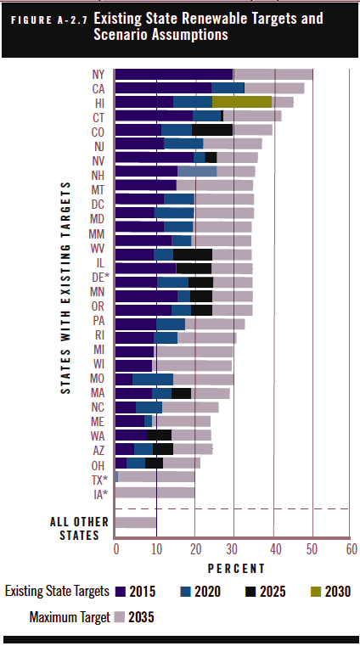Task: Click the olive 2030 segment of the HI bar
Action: click(242, 102)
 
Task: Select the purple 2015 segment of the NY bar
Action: click(174, 74)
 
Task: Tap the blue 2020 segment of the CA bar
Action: click(228, 88)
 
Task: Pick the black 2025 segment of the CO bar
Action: click(212, 130)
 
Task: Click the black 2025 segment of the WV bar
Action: click(193, 255)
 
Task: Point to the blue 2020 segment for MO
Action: click(153, 379)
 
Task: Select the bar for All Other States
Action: click(136, 522)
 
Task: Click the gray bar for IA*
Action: click(155, 492)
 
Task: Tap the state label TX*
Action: click(99, 480)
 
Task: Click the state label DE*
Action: click(100, 277)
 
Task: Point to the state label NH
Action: click(98, 175)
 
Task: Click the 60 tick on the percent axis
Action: click(352, 549)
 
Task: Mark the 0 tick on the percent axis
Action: click(116, 549)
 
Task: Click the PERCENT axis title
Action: click(236, 569)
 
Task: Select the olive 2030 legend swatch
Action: click(316, 592)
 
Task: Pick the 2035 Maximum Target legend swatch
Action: click(119, 617)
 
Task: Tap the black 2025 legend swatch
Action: click(250, 592)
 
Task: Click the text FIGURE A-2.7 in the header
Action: click(49, 20)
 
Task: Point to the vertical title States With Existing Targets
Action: click(66, 288)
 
